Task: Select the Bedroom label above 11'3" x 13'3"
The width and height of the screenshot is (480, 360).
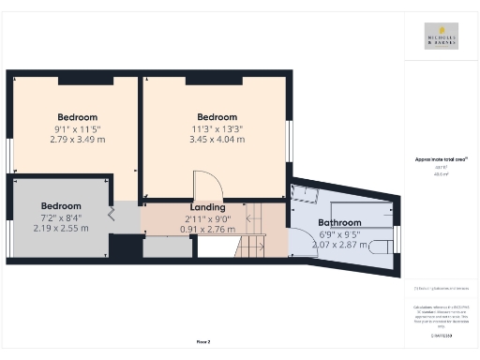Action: [x=217, y=117]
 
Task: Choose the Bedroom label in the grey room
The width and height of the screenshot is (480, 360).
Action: [x=61, y=205]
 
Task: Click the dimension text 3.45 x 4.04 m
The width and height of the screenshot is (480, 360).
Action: [x=217, y=140]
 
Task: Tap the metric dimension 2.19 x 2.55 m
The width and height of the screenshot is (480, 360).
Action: [x=61, y=228]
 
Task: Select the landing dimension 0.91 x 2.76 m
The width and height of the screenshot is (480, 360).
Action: [x=207, y=228]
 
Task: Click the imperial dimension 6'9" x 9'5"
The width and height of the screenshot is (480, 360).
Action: [x=339, y=233]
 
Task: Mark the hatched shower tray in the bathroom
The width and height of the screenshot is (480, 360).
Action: [x=304, y=194]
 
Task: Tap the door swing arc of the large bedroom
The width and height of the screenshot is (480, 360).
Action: [x=204, y=185]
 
